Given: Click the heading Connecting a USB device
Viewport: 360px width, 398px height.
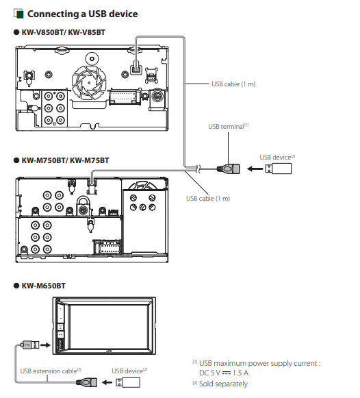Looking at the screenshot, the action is point(82,14).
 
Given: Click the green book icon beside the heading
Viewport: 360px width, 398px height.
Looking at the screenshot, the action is point(18,14).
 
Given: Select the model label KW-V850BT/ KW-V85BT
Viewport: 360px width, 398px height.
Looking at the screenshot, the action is point(63,32).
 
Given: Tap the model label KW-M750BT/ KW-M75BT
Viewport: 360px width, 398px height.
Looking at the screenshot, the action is point(65,161).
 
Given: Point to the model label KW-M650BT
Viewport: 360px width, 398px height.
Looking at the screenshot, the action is point(43,286).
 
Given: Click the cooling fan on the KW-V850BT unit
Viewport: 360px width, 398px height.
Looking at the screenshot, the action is point(89,82).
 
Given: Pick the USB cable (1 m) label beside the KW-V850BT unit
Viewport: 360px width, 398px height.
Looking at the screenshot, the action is point(233,84).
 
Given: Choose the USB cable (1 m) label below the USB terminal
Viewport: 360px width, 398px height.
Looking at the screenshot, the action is point(208,199).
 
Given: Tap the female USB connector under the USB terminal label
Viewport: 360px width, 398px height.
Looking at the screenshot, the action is point(228,169).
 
